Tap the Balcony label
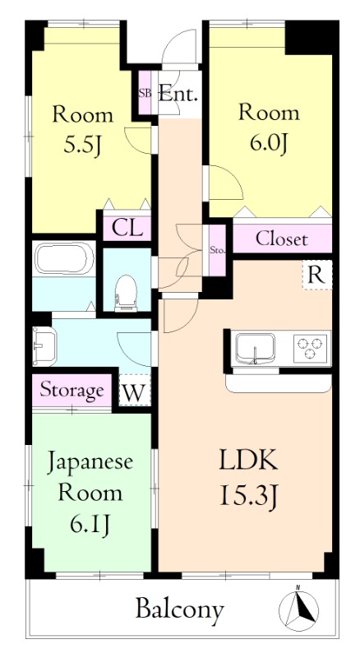179,609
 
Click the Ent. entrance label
178,94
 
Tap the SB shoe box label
145,93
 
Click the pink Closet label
282,239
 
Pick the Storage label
72,390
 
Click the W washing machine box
136,392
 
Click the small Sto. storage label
218,249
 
